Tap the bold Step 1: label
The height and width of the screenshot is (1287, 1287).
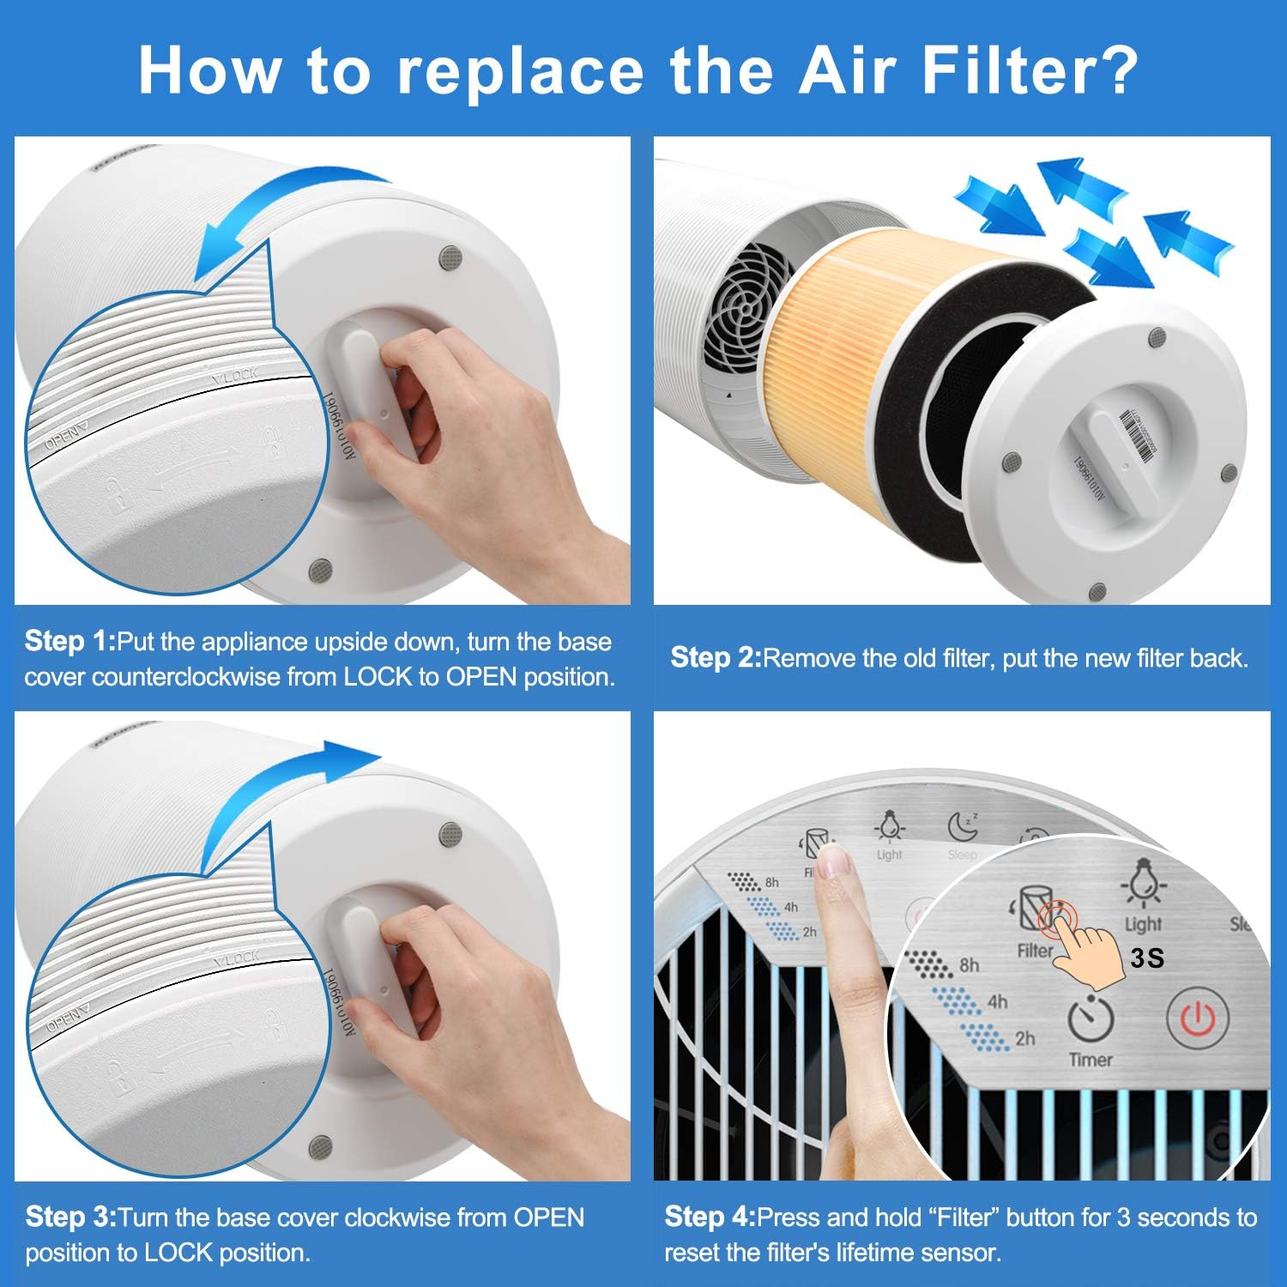[x=69, y=641]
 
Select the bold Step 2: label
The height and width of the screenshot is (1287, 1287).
[x=716, y=657]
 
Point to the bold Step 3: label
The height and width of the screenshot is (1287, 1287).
[x=70, y=1217]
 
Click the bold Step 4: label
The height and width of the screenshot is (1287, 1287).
[x=710, y=1217]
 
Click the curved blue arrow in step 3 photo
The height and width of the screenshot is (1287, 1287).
[x=283, y=789]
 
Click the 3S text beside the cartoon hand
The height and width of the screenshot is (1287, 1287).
[x=1147, y=958]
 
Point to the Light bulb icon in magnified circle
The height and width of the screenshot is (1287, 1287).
[x=1142, y=884]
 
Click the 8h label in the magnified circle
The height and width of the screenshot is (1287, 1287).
[x=970, y=965]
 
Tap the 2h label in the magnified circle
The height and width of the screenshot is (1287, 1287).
[x=1024, y=1038]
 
